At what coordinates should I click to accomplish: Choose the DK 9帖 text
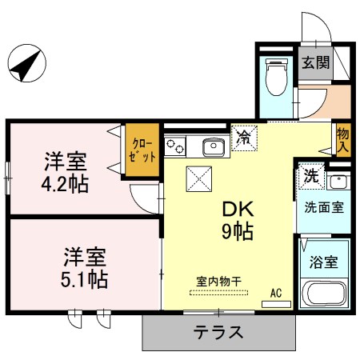tap(238, 221)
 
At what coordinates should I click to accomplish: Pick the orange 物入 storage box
tap(342, 139)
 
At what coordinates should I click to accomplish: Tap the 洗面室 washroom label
tap(323, 206)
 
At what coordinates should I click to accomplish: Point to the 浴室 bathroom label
tap(322, 262)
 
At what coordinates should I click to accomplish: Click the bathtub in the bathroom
tap(323, 294)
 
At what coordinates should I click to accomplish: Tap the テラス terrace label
tap(218, 332)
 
